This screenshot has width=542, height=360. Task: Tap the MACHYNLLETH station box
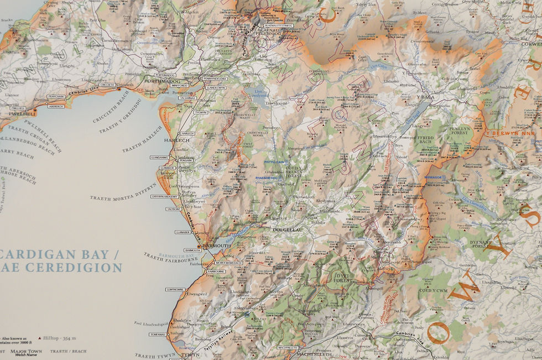tap(288, 348)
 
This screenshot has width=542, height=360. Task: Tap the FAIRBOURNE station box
tap(216, 272)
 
